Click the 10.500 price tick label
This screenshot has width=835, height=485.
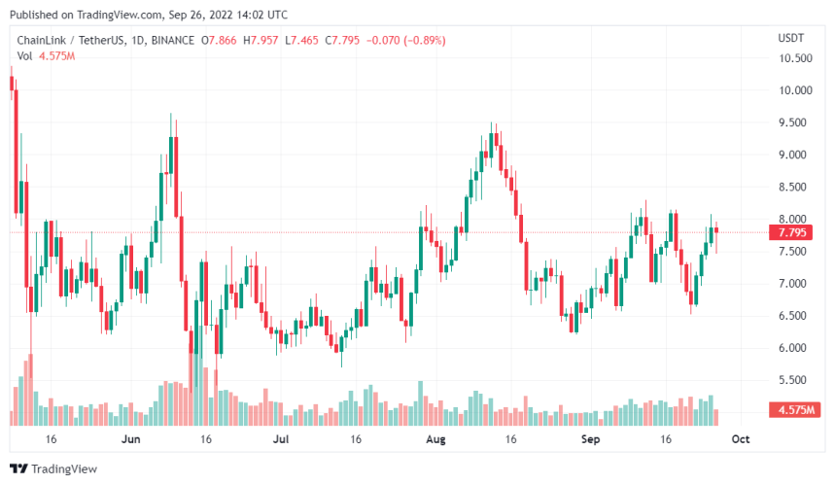pos(795,58)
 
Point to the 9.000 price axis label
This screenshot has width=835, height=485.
pos(795,155)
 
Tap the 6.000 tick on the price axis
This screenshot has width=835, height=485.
pos(795,348)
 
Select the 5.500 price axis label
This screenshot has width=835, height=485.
pos(795,380)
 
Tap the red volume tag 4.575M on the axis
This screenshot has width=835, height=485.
pos(794,411)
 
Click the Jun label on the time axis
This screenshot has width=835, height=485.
pos(131,439)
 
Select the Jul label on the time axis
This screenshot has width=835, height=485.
pos(281,439)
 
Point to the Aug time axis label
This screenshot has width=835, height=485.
pos(435,439)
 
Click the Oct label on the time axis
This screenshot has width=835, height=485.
pos(740,439)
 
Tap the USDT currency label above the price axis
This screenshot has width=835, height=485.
pos(790,38)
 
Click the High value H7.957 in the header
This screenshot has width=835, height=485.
pos(261,40)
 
